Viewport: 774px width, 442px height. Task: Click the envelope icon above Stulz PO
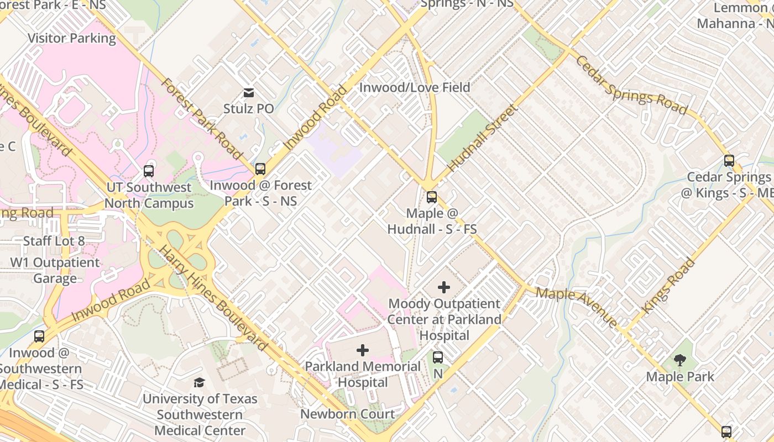pyautogui.click(x=249, y=92)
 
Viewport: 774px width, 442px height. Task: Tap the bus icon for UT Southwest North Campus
pyautogui.click(x=149, y=171)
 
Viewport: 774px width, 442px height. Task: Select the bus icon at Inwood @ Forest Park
pyautogui.click(x=260, y=169)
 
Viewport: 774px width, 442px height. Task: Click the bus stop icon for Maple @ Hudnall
pyautogui.click(x=432, y=197)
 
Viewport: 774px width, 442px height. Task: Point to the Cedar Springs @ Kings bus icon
pyautogui.click(x=729, y=161)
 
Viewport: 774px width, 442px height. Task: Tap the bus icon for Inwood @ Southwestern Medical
pyautogui.click(x=39, y=336)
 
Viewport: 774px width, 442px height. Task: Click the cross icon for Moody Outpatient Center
pyautogui.click(x=444, y=287)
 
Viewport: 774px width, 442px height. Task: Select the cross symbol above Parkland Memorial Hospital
pyautogui.click(x=363, y=350)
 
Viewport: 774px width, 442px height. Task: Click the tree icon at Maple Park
pyautogui.click(x=680, y=361)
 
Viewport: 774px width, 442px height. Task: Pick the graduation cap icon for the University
pyautogui.click(x=199, y=382)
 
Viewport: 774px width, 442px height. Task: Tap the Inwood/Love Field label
pyautogui.click(x=415, y=87)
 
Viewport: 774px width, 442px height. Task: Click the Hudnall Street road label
pyautogui.click(x=482, y=138)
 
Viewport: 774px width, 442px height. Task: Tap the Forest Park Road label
pyautogui.click(x=201, y=119)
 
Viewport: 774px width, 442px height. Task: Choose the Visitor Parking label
pyautogui.click(x=72, y=38)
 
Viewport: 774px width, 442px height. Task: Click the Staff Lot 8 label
pyautogui.click(x=54, y=241)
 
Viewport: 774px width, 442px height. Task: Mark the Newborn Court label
pyautogui.click(x=348, y=414)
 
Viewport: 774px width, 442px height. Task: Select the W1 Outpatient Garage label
pyautogui.click(x=55, y=270)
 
